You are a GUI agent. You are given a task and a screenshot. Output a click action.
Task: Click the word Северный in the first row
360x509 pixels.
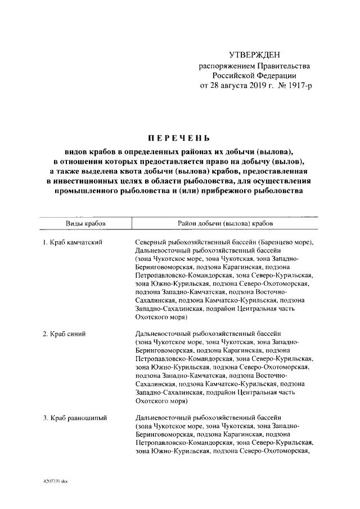152,242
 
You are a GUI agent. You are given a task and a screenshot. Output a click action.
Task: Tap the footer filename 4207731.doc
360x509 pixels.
55,483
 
